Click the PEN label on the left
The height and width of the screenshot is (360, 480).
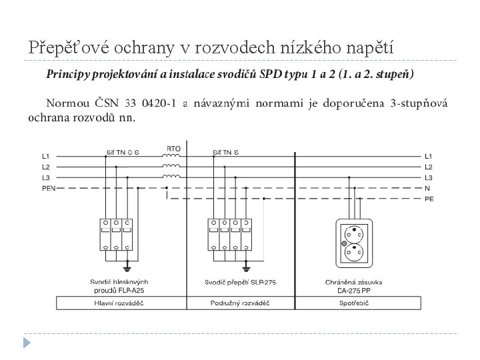click(x=49, y=189)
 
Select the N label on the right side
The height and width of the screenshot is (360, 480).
click(x=427, y=189)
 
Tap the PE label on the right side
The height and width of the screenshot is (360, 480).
click(x=429, y=199)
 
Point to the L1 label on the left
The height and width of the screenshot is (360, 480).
click(x=46, y=156)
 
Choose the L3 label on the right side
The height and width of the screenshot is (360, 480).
click(x=428, y=177)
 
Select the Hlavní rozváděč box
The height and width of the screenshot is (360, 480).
click(x=121, y=303)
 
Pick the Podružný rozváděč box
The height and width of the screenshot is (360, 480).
click(x=237, y=303)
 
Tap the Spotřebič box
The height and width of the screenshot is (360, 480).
click(x=355, y=303)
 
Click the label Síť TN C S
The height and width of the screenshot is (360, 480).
click(x=123, y=152)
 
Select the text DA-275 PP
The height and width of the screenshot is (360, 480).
click(x=354, y=290)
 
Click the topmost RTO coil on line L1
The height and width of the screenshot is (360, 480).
click(x=172, y=156)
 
